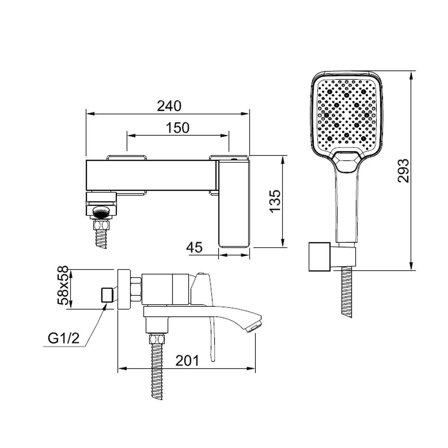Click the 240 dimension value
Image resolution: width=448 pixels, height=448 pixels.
(169, 106)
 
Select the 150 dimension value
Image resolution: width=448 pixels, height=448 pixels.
(177, 128)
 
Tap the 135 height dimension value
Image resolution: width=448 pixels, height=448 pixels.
(276, 201)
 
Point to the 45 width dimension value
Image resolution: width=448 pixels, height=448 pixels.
(194, 247)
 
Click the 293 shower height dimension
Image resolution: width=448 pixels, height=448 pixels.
(403, 171)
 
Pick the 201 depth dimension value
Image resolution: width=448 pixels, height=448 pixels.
(187, 361)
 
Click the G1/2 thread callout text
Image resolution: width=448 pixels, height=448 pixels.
(64, 339)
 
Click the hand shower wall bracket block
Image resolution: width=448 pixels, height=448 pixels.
(319, 257)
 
